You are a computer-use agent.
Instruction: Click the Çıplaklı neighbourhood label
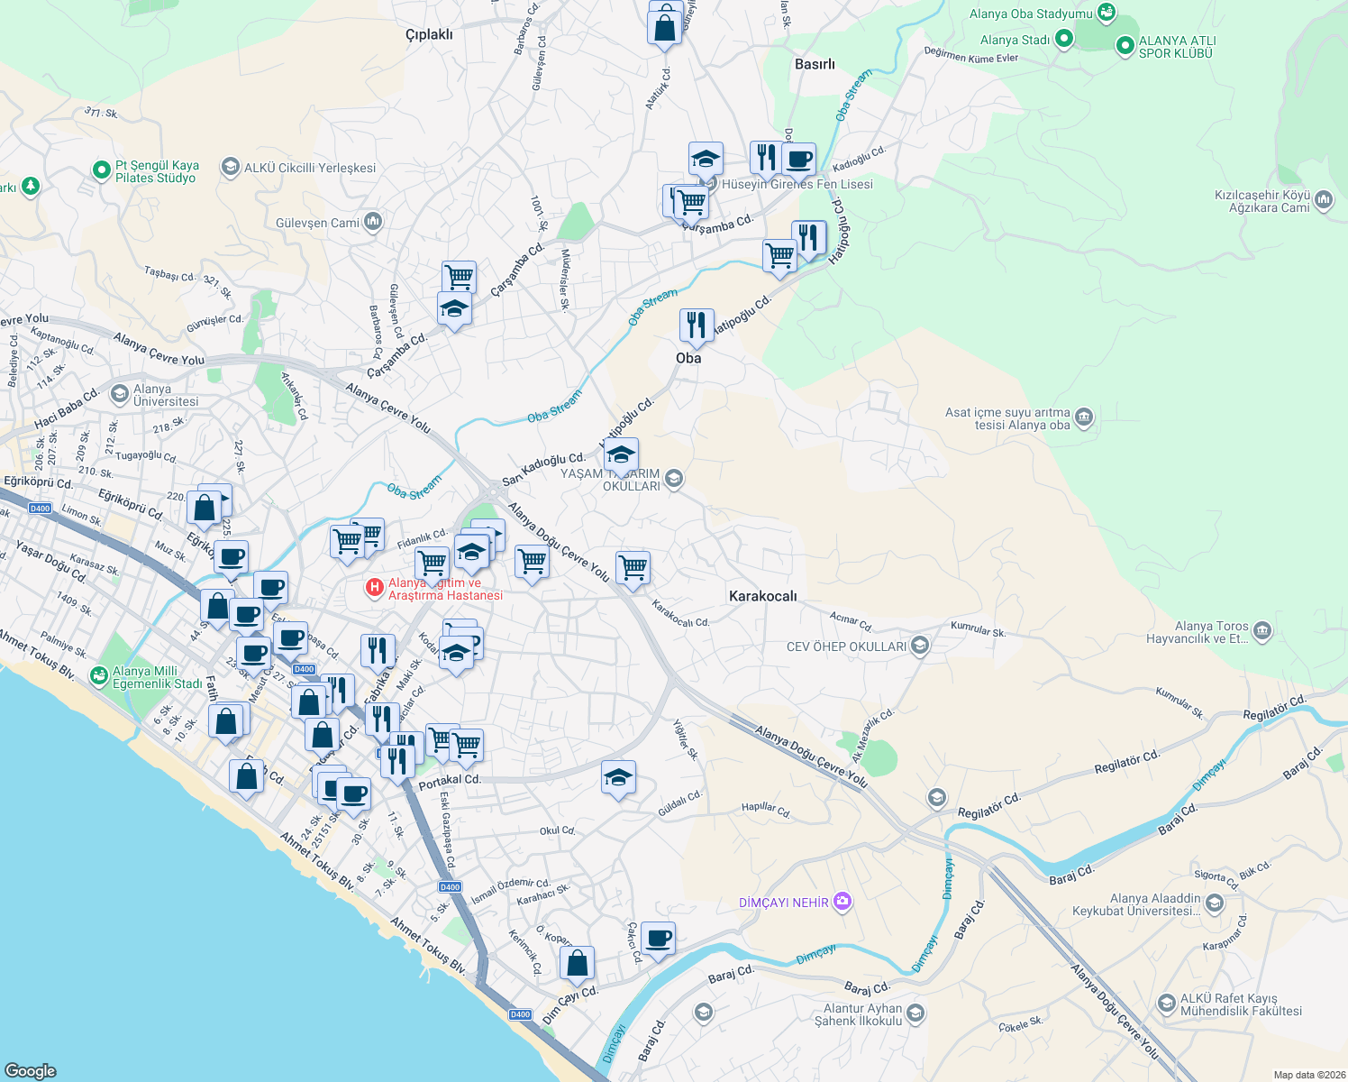click(429, 35)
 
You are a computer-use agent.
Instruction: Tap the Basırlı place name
click(815, 64)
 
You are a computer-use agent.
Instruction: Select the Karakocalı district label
click(762, 596)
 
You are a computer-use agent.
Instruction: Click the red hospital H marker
click(374, 588)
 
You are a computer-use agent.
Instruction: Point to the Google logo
click(30, 1071)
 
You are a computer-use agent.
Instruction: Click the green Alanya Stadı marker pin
click(1063, 39)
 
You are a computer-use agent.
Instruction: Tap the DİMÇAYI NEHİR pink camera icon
click(842, 901)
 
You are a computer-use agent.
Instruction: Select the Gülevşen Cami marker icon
click(373, 221)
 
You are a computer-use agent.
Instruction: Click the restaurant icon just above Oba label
click(696, 325)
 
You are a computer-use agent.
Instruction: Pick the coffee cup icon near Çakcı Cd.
click(659, 938)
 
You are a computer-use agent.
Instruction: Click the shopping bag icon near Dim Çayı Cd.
click(577, 963)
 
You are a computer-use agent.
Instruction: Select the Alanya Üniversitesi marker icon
click(119, 394)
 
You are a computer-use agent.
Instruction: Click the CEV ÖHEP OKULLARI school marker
click(919, 646)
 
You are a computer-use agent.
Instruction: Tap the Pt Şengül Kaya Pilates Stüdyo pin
click(102, 170)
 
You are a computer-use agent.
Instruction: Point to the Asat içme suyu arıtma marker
click(1083, 417)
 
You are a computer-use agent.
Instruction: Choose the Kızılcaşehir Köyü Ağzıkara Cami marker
click(1323, 200)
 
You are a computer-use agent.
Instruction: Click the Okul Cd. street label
click(557, 830)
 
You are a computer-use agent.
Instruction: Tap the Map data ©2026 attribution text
click(1309, 1075)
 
